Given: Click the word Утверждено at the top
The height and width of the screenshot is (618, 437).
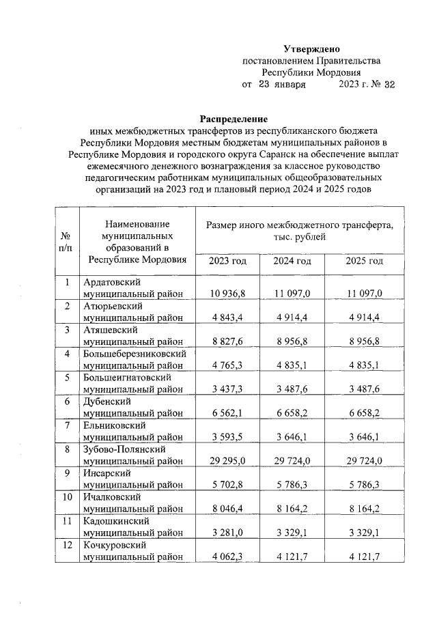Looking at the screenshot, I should pos(311,48).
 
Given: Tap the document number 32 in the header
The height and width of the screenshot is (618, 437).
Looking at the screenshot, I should pos(389,85).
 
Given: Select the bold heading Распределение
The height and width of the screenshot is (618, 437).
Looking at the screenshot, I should pos(234,118).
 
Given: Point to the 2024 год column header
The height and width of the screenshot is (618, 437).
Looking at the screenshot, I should pos(292,262).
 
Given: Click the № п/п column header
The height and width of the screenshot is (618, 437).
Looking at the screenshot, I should pos(67,240).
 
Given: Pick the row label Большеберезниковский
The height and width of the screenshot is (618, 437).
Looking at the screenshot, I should pos(134,354).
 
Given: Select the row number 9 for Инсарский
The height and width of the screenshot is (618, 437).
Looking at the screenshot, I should pos(67,472).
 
